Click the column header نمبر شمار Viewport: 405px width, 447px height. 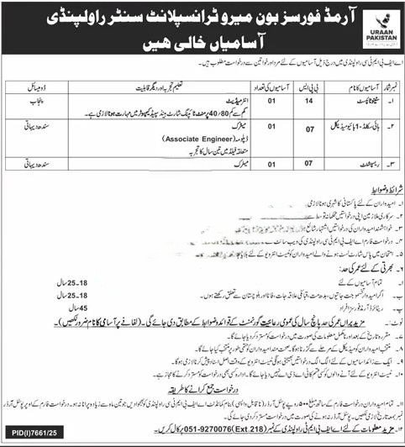(x=376, y=86)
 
